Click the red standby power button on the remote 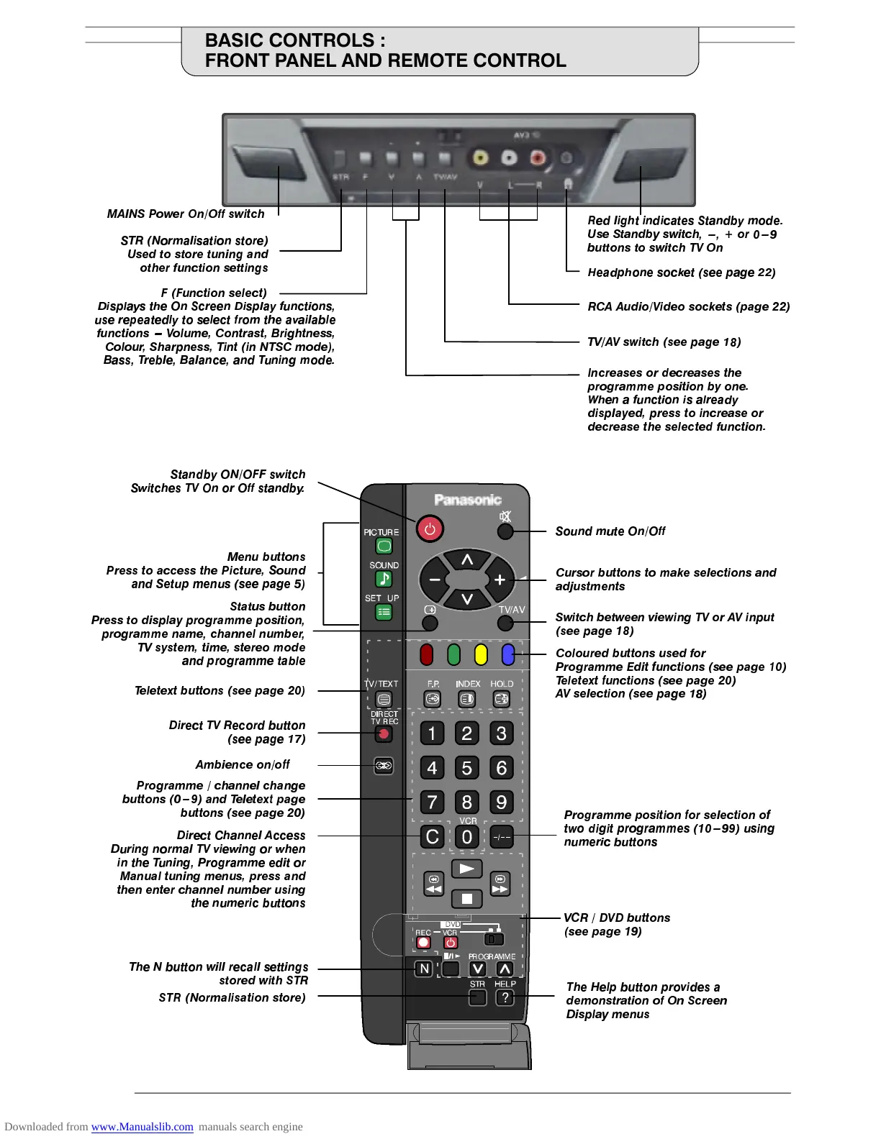430,529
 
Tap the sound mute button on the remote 505,531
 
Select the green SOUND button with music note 384,579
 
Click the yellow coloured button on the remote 481,654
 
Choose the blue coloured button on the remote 508,654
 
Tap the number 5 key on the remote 466,768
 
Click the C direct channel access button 432,837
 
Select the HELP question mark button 505,997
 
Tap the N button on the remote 424,969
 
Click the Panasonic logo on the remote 468,500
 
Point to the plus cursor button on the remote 500,580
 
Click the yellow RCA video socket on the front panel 479,157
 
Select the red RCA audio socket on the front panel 537,157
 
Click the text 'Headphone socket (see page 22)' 681,273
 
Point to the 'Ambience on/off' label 243,764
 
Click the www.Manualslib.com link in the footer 142,1127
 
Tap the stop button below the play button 466,898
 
